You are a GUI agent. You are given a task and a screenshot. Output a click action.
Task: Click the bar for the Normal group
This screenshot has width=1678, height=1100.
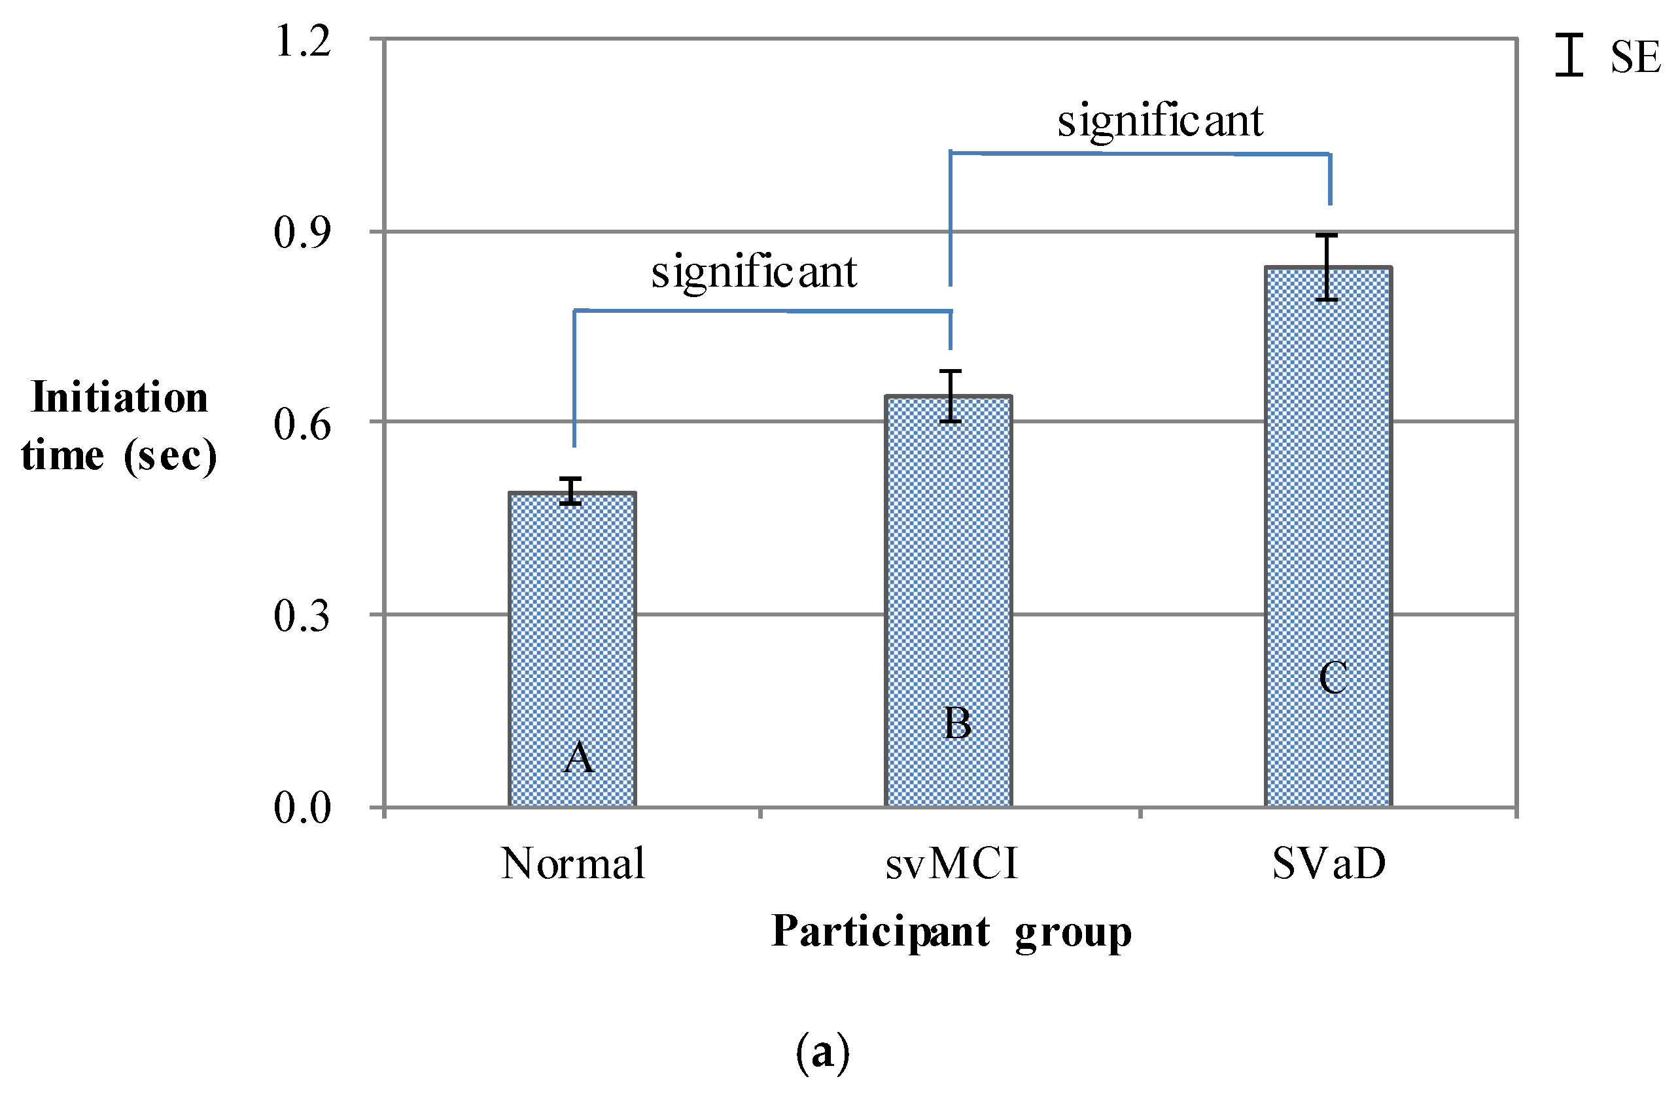point(572,648)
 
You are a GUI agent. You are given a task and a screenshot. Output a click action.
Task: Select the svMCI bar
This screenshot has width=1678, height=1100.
point(949,599)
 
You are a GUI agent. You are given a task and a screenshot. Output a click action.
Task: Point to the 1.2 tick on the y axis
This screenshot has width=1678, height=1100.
point(302,41)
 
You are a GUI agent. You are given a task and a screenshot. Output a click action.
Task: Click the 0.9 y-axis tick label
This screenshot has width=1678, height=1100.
point(302,232)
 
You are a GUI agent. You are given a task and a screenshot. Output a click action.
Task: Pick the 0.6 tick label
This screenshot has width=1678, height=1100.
point(302,424)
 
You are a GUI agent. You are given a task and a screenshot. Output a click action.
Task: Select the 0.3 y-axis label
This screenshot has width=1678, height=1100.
point(302,616)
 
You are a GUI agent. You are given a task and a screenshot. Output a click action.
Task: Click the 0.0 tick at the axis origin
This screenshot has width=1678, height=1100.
point(302,807)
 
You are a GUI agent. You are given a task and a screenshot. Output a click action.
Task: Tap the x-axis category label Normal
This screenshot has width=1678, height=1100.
point(572,864)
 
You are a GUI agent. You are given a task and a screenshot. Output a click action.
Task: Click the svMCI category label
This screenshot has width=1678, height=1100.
point(952,864)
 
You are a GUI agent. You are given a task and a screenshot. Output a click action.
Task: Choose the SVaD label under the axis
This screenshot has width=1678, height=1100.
point(1329,864)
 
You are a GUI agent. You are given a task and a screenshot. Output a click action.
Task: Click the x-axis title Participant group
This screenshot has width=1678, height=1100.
point(951,932)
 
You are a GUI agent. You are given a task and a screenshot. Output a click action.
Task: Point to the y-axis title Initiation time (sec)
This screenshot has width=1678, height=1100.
point(119,426)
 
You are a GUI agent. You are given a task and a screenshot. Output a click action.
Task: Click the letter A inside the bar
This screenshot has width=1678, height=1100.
point(579,758)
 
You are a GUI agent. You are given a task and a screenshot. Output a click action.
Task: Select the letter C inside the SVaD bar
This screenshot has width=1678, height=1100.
point(1333,679)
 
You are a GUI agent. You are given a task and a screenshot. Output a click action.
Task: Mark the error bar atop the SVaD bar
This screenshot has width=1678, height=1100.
point(1326,267)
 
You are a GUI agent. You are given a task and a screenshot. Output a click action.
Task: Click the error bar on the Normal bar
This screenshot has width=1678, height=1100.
point(570,491)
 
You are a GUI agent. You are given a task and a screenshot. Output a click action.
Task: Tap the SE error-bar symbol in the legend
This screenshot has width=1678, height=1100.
point(1569,55)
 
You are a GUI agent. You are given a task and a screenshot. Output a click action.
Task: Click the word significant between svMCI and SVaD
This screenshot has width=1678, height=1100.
point(1160,120)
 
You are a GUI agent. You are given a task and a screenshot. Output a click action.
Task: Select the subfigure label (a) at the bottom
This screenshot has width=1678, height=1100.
point(823,1052)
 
